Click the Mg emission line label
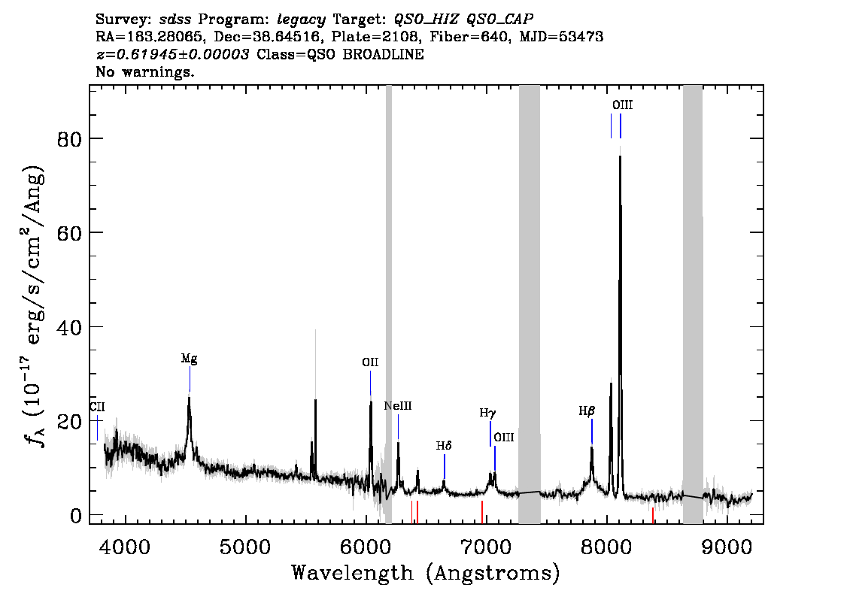(190, 359)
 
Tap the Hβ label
(587, 411)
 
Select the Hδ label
(444, 446)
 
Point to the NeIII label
(398, 406)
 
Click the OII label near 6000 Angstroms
(371, 362)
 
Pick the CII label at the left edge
(97, 407)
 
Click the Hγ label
(487, 414)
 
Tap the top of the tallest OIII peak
(620, 156)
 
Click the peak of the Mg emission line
(189, 398)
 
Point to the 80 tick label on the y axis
(69, 139)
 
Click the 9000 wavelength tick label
(727, 547)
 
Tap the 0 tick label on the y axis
(76, 516)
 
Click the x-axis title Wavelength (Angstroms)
(426, 573)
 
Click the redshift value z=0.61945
(172, 54)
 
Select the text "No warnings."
(144, 71)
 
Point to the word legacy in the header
(302, 20)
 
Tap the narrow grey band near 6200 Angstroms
(388, 304)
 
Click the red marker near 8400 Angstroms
(652, 516)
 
